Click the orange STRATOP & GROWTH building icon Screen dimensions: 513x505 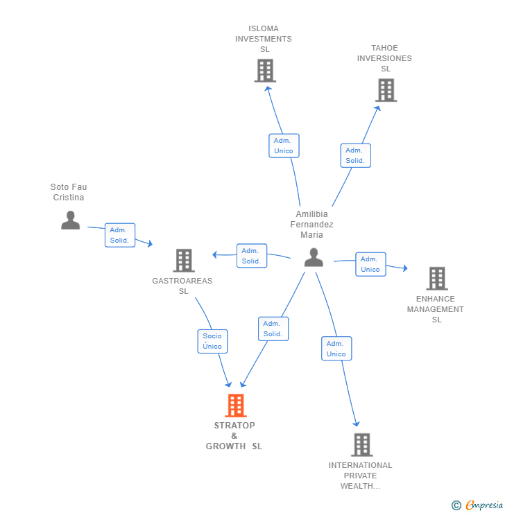pyautogui.click(x=236, y=405)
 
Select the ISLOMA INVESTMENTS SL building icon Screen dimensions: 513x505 pyautogui.click(x=264, y=70)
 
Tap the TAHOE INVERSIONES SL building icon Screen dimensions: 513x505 pyautogui.click(x=386, y=90)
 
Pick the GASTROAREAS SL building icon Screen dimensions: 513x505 pyautogui.click(x=183, y=261)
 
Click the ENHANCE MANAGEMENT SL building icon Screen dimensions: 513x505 pyautogui.click(x=436, y=278)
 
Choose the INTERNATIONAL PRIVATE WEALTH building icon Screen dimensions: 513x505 pyautogui.click(x=361, y=444)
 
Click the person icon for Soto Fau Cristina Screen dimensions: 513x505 pyautogui.click(x=70, y=220)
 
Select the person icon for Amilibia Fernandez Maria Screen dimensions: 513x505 pyautogui.click(x=314, y=257)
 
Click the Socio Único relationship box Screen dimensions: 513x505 pyautogui.click(x=212, y=341)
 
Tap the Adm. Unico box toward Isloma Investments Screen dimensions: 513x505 pyautogui.click(x=284, y=146)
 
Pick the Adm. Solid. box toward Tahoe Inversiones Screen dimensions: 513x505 pyautogui.click(x=355, y=155)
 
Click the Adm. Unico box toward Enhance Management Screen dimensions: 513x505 pyautogui.click(x=370, y=264)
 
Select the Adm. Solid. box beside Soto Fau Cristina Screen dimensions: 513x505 pyautogui.click(x=119, y=235)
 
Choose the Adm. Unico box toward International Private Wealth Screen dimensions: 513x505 pyautogui.click(x=336, y=349)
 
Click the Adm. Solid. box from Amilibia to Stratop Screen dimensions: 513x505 pyautogui.click(x=273, y=329)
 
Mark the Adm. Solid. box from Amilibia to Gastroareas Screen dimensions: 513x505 pyautogui.click(x=251, y=256)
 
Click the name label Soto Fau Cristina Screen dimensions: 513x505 pyautogui.click(x=69, y=192)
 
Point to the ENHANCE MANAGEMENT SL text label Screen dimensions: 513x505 pyautogui.click(x=436, y=309)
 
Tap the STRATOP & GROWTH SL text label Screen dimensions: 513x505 pyautogui.click(x=234, y=436)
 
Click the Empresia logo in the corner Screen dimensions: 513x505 pyautogui.click(x=477, y=505)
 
